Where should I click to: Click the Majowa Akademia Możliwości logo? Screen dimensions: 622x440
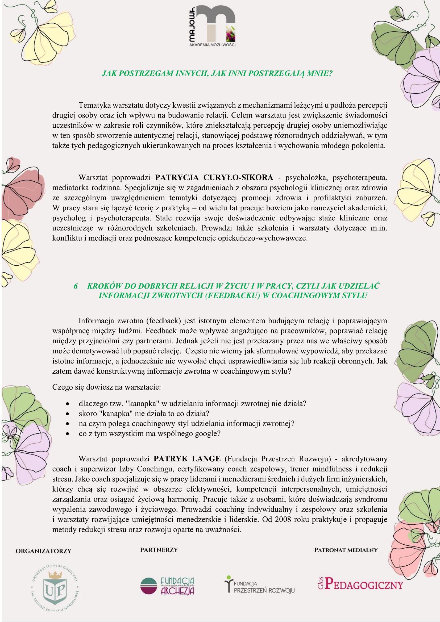pyautogui.click(x=212, y=27)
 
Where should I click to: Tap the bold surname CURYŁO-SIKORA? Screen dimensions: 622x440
pyautogui.click(x=238, y=177)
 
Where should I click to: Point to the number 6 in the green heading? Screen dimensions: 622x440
pyautogui.click(x=76, y=286)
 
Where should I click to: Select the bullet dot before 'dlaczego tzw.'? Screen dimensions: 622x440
pyautogui.click(x=68, y=404)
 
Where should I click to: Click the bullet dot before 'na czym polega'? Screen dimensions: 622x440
pyautogui.click(x=68, y=424)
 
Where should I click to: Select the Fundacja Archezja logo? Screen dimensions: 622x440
pyautogui.click(x=167, y=586)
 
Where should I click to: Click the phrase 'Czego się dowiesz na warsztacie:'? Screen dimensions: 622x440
pyautogui.click(x=106, y=387)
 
